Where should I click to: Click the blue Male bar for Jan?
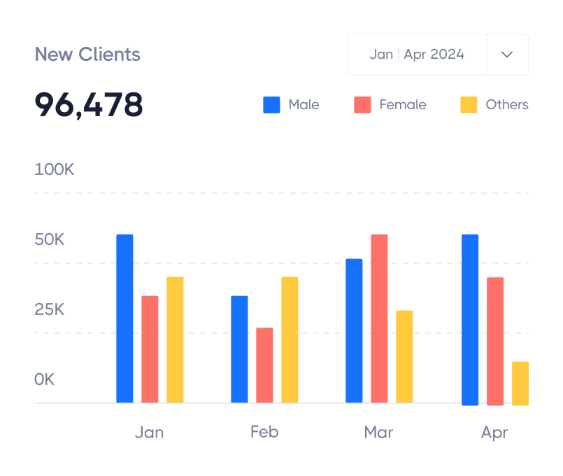click(124, 318)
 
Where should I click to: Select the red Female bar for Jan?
click(150, 349)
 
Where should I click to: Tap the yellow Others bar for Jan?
click(175, 339)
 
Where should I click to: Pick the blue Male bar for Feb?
click(239, 349)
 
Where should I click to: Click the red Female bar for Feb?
click(264, 365)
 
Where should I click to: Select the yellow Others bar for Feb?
click(290, 339)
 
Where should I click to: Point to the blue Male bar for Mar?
click(354, 330)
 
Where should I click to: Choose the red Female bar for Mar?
click(379, 318)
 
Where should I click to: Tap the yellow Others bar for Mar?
click(404, 356)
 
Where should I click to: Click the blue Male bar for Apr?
click(470, 319)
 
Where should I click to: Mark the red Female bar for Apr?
click(495, 341)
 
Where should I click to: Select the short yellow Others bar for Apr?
click(520, 383)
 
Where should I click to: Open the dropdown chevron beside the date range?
click(508, 55)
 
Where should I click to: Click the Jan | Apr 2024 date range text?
click(417, 55)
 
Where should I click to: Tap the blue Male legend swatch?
click(271, 105)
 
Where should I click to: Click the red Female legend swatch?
click(362, 105)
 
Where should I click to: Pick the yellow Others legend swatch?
click(469, 105)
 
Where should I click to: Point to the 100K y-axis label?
click(55, 169)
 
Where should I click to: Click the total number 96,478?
click(89, 105)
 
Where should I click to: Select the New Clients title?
click(87, 55)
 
